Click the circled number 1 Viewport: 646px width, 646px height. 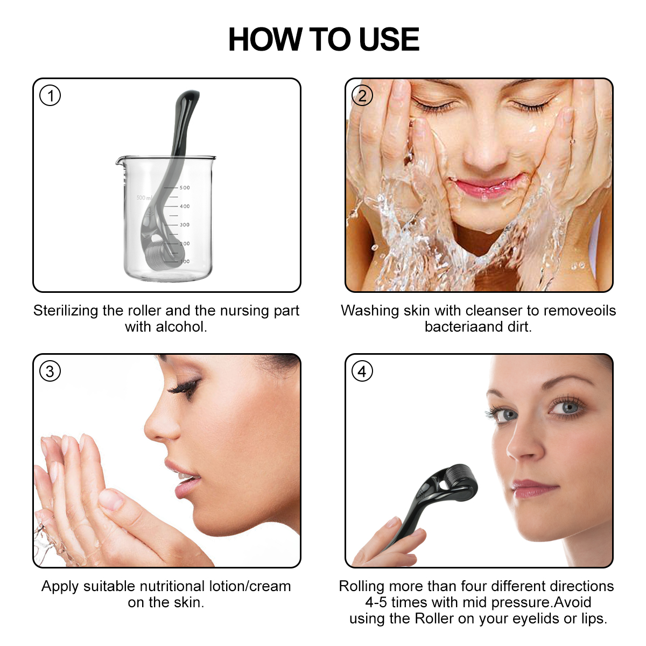[50, 96]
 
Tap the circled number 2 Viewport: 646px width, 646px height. [362, 96]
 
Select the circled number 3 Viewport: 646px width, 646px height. [50, 371]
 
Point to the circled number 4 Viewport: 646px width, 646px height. [362, 371]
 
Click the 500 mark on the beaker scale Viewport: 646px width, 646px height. [185, 188]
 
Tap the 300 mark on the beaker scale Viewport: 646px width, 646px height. [185, 225]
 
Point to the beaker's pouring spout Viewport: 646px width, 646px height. [120, 160]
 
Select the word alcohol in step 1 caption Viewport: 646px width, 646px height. [180, 327]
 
